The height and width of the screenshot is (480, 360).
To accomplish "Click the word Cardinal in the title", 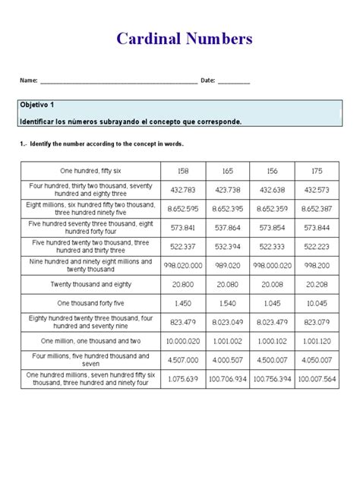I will tap(150, 39).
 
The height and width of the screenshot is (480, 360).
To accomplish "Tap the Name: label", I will tap(29, 81).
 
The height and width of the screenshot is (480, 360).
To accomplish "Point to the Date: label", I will tap(209, 81).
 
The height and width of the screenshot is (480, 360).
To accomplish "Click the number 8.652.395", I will tap(229, 209).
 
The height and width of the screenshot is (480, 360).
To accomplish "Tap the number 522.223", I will tap(314, 246).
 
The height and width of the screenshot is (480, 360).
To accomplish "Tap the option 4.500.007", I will tap(272, 359).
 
